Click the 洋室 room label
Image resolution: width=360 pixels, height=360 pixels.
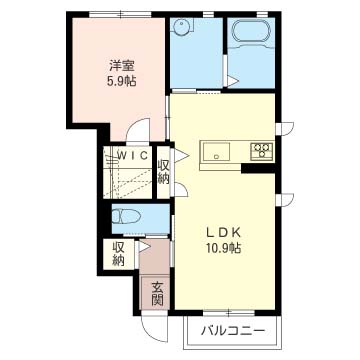click(122, 66)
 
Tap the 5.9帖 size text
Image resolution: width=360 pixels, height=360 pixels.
click(121, 81)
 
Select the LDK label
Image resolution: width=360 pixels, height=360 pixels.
click(223, 233)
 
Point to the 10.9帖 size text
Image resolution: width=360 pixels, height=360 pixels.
click(223, 248)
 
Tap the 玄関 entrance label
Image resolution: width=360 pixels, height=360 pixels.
click(157, 294)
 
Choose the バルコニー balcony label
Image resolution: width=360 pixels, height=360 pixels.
click(233, 331)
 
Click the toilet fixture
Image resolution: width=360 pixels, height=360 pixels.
click(125, 217)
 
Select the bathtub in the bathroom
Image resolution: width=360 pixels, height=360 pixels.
click(251, 30)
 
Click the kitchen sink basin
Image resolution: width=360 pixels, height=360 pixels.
click(217, 152)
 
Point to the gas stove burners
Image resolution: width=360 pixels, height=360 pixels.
click(262, 149)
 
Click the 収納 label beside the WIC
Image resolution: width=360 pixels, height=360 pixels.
click(164, 172)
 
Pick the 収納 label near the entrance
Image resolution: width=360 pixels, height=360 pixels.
click(118, 253)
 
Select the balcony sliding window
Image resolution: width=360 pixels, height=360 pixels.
click(229, 313)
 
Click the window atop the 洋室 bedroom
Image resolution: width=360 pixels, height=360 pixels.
click(120, 15)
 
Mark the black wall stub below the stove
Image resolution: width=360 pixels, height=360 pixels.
click(259, 168)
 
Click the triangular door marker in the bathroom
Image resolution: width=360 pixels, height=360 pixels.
click(233, 80)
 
